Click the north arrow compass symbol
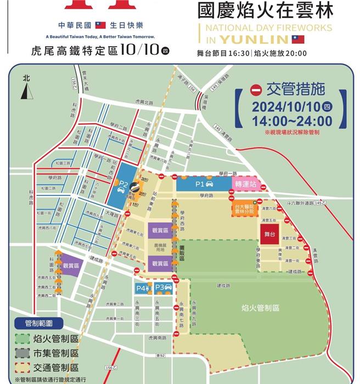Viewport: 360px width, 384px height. [x=25, y=88]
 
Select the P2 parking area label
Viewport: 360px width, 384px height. [x=124, y=185]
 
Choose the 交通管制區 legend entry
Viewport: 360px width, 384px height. [x=48, y=367]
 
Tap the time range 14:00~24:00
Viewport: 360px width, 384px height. [x=291, y=121]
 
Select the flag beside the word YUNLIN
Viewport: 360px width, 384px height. [x=297, y=39]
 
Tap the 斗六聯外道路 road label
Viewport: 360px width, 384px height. [x=307, y=204]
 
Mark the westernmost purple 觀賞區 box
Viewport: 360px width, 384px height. [x=71, y=266]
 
